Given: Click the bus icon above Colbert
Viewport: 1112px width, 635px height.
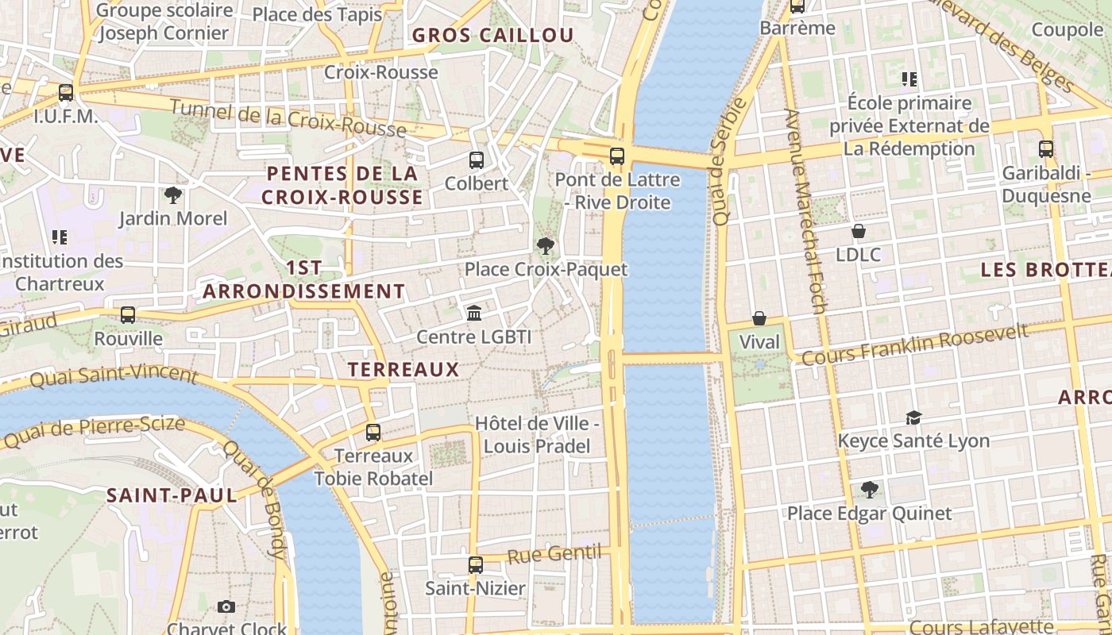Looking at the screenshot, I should [477, 160].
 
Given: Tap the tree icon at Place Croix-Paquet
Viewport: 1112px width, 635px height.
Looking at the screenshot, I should [545, 246].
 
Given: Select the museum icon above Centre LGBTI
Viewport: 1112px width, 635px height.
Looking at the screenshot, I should [474, 314].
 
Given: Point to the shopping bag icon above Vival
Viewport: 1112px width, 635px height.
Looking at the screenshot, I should [759, 319].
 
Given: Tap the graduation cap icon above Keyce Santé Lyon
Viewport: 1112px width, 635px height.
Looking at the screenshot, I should [913, 418].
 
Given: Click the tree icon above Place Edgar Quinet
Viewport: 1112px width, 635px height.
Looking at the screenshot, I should [869, 490].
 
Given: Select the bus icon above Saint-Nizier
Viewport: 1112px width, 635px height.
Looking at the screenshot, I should [475, 565].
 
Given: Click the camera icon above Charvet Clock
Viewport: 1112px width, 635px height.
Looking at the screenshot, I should [226, 607].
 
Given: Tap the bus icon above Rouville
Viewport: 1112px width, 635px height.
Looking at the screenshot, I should [128, 315].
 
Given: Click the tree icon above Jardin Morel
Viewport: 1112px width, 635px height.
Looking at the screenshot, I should [172, 194].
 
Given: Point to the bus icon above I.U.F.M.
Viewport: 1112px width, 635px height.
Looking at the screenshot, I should [66, 93].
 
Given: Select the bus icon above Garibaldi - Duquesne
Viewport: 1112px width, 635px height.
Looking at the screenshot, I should [1046, 149].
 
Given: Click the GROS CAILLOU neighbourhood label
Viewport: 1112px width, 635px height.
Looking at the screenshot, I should [492, 35].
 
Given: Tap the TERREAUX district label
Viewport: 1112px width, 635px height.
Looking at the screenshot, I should [403, 369].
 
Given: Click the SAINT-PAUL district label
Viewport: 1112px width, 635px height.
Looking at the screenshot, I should [172, 496].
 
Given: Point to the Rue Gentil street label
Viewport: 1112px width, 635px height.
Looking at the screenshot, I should [553, 554].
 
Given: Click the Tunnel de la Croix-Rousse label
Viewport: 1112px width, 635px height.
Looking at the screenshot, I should [288, 119].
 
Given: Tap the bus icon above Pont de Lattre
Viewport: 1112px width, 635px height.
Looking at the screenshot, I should [617, 156].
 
